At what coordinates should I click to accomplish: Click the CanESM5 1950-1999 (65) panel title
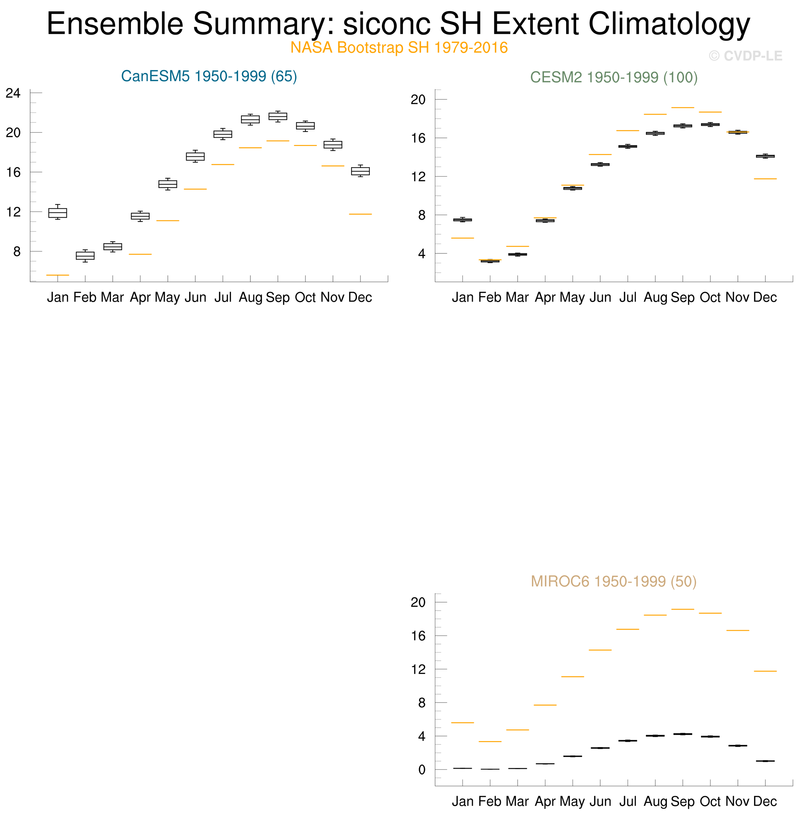point(209,77)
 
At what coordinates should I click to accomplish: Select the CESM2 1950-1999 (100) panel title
point(613,77)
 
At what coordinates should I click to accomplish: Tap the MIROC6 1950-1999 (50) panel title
point(613,581)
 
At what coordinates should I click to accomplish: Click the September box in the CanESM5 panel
point(278,116)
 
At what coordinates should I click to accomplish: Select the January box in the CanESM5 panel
point(57,213)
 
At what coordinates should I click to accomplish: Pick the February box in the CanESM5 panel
point(85,255)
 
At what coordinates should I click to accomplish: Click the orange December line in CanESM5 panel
point(360,214)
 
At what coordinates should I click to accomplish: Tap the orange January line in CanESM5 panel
point(57,275)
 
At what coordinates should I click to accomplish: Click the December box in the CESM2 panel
point(765,156)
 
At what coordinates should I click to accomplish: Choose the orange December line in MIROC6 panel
point(765,671)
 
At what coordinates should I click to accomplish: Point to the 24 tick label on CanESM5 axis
point(13,93)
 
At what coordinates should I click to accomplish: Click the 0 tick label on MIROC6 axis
point(422,770)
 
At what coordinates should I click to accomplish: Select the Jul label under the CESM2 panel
point(628,297)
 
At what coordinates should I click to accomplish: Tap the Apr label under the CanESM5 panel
point(140,297)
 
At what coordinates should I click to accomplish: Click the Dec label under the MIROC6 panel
point(765,801)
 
